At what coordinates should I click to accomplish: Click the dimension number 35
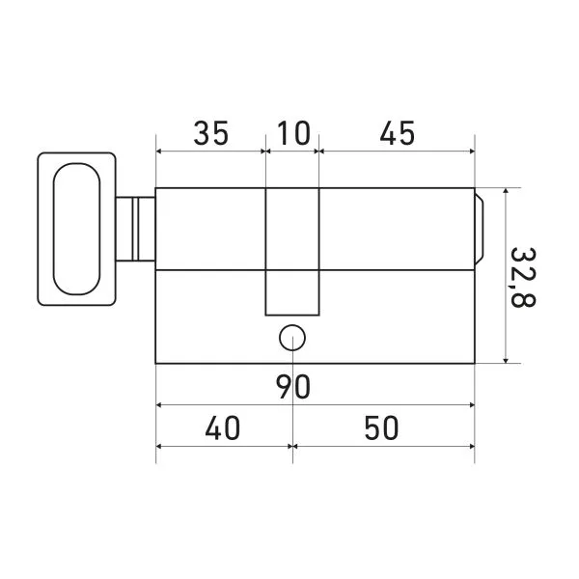[211, 133]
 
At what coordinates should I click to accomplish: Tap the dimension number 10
[293, 133]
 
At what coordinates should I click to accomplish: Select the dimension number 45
[398, 133]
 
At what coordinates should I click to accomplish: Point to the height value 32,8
[523, 277]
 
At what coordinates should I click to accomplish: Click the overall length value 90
[294, 387]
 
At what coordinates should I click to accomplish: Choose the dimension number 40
[222, 427]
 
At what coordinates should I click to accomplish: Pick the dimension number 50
[382, 427]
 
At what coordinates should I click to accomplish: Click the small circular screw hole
[292, 338]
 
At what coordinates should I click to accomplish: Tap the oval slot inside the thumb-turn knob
[76, 229]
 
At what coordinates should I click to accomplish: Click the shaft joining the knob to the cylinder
[135, 229]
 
